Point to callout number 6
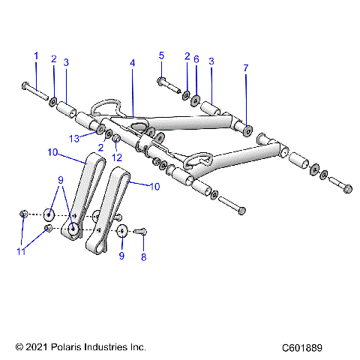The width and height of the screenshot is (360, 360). tap(196, 59)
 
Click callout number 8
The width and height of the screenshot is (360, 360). tap(143, 256)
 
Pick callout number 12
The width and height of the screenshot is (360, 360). tap(116, 158)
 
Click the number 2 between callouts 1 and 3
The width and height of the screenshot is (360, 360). tap(53, 58)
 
